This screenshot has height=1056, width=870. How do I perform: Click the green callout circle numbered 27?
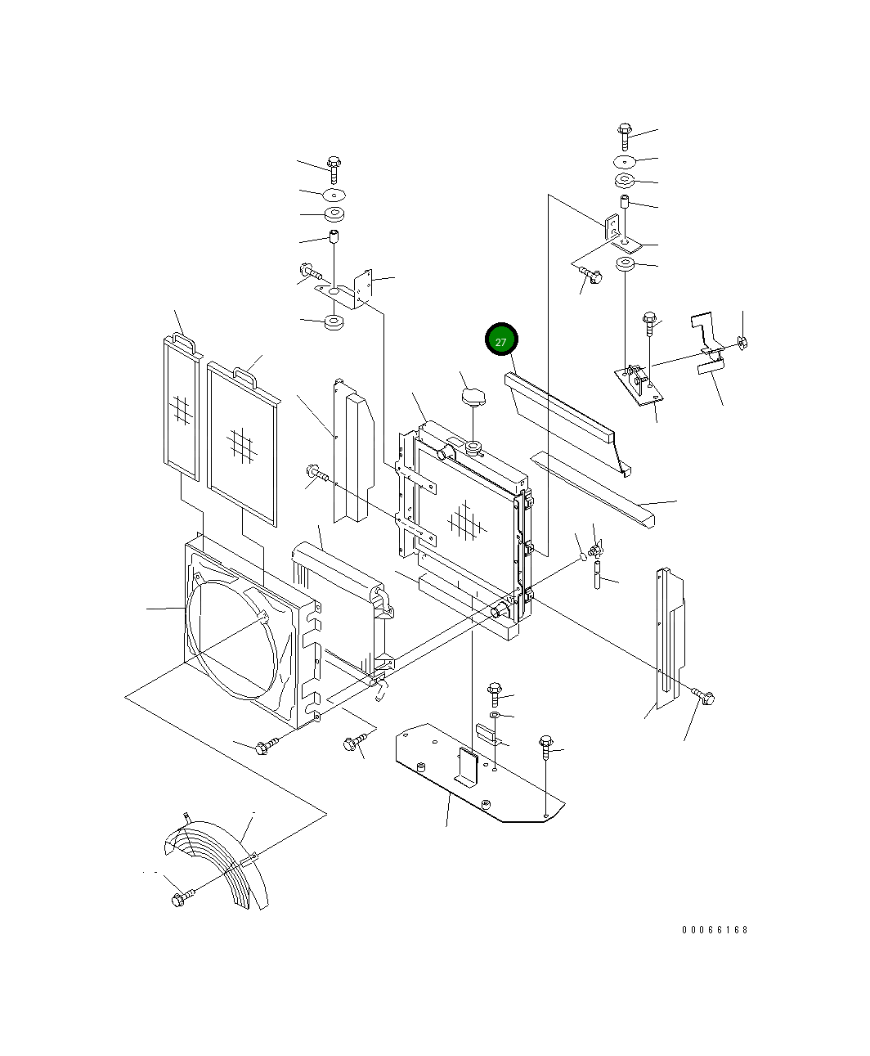tap(501, 339)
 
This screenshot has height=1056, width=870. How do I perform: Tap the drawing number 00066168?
tap(715, 930)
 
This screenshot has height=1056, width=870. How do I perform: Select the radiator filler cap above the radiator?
tap(473, 396)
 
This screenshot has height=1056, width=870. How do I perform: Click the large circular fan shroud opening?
tap(232, 640)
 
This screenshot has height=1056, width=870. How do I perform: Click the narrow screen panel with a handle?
tap(181, 407)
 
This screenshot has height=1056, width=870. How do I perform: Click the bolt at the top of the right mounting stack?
tap(625, 135)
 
